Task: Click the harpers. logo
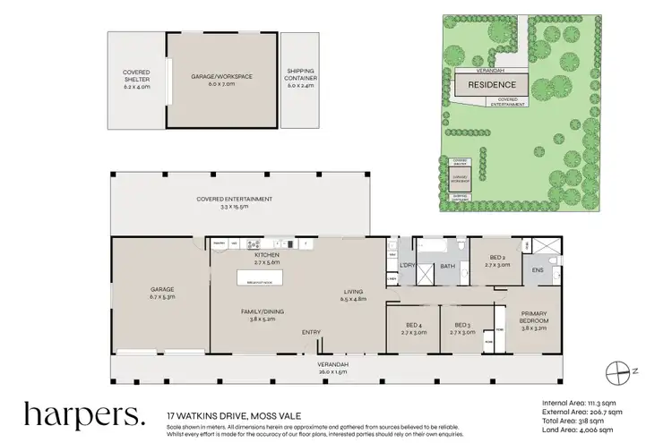82,415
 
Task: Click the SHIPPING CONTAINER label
300,75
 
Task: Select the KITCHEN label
243,259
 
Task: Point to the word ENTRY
311,333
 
